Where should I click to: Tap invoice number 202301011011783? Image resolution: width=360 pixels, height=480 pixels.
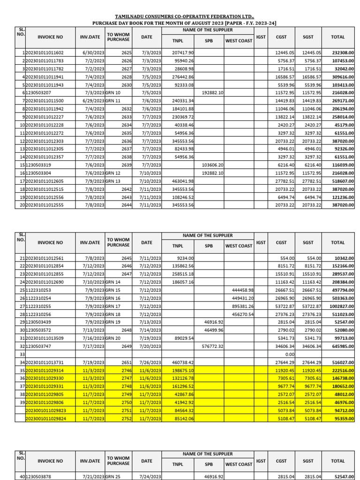click(x=45, y=61)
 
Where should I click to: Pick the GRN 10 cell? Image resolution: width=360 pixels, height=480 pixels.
click(x=113, y=93)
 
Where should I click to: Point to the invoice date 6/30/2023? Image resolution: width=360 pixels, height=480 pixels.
click(x=93, y=53)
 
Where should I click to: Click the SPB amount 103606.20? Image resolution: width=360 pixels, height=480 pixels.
click(x=212, y=165)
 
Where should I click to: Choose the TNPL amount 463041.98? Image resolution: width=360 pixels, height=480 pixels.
click(x=182, y=181)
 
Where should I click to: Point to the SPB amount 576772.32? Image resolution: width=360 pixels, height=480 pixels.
click(x=212, y=346)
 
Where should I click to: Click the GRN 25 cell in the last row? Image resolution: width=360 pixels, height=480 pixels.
click(x=113, y=476)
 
